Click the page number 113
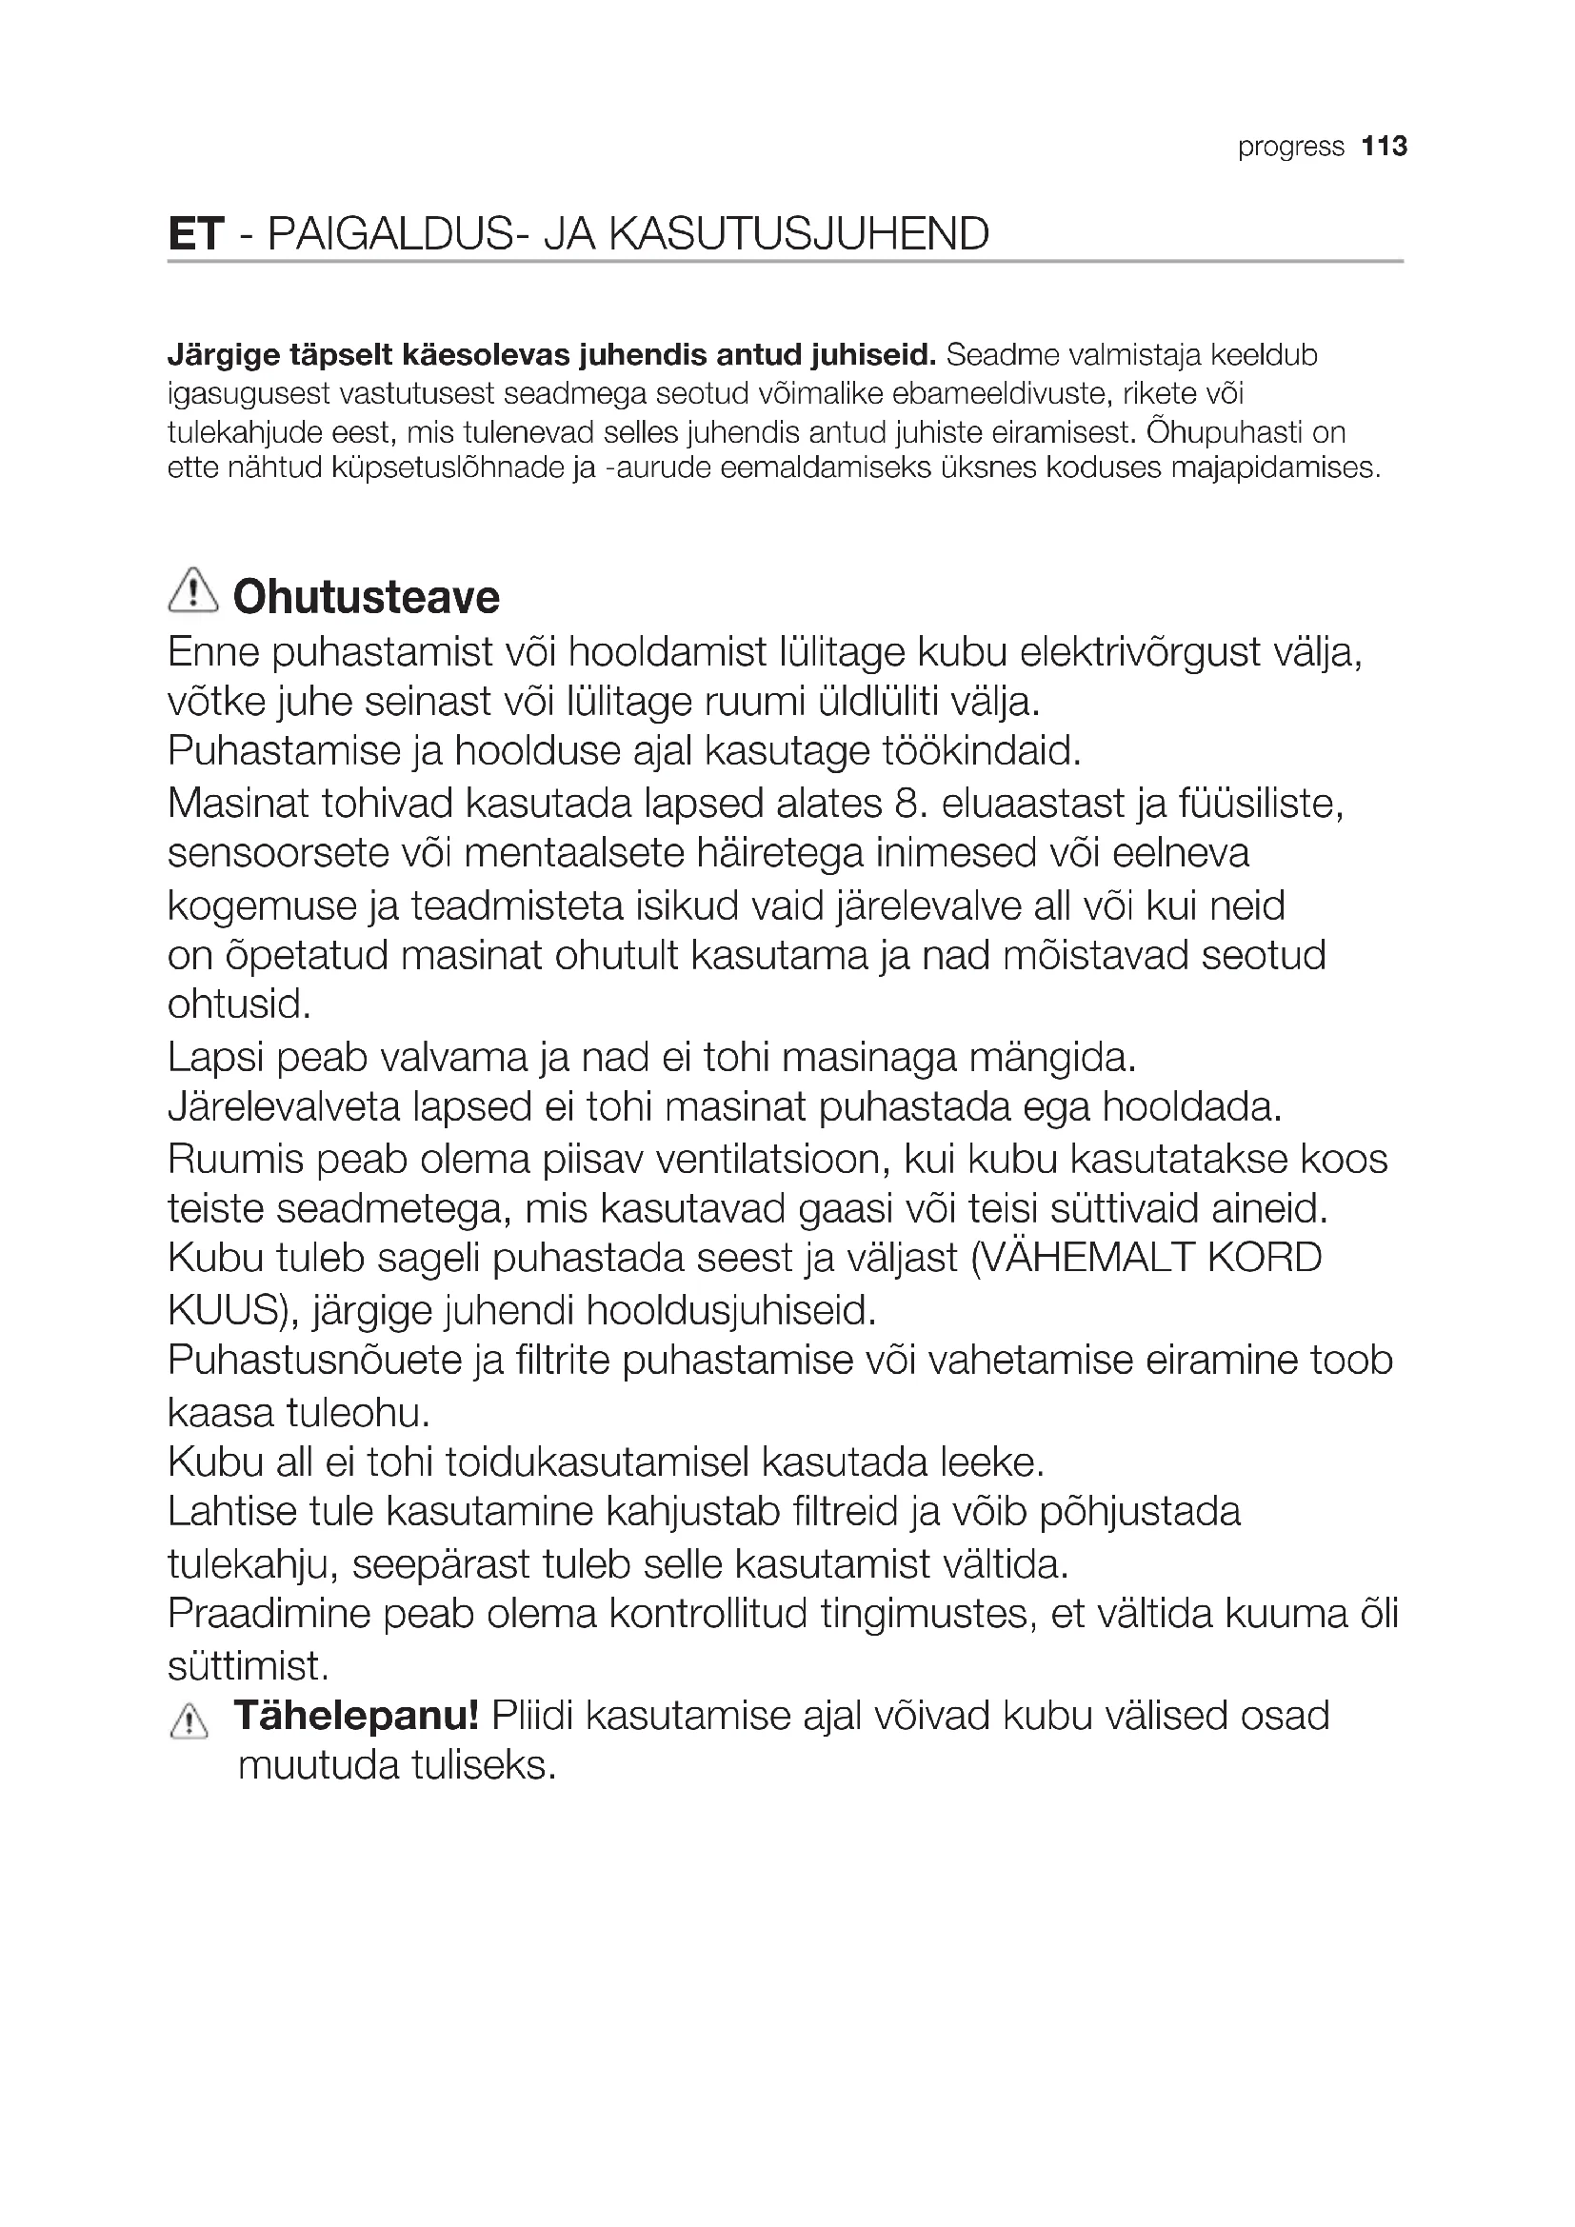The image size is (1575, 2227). (x=1384, y=147)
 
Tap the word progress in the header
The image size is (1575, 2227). (x=1291, y=148)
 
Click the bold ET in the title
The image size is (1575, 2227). (x=196, y=234)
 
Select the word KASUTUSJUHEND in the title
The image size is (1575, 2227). (x=799, y=234)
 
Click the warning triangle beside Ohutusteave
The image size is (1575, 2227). (x=193, y=590)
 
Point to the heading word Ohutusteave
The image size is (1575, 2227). (x=367, y=597)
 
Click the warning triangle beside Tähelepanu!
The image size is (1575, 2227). (x=189, y=1722)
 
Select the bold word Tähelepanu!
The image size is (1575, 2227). (x=356, y=1716)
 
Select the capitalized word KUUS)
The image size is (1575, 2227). (x=232, y=1310)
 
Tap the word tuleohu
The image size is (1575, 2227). (x=356, y=1413)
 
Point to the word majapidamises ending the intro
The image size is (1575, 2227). (x=1274, y=468)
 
